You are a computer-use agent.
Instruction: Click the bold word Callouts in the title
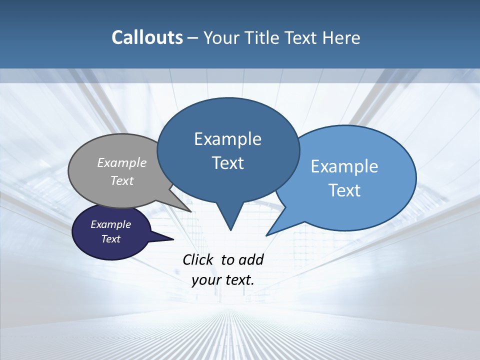click(x=147, y=37)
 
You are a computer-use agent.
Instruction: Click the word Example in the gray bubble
click(x=122, y=162)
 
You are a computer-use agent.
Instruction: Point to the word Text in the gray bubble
click(x=122, y=180)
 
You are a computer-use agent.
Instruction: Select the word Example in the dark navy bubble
click(x=110, y=224)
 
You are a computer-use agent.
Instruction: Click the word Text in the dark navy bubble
click(x=110, y=239)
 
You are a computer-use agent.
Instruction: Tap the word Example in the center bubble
click(x=227, y=139)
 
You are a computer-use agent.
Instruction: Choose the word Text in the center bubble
click(x=227, y=163)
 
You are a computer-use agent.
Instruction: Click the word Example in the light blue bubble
click(x=344, y=166)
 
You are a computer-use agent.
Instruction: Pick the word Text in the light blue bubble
click(x=344, y=190)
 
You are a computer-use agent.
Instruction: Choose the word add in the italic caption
click(x=251, y=259)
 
